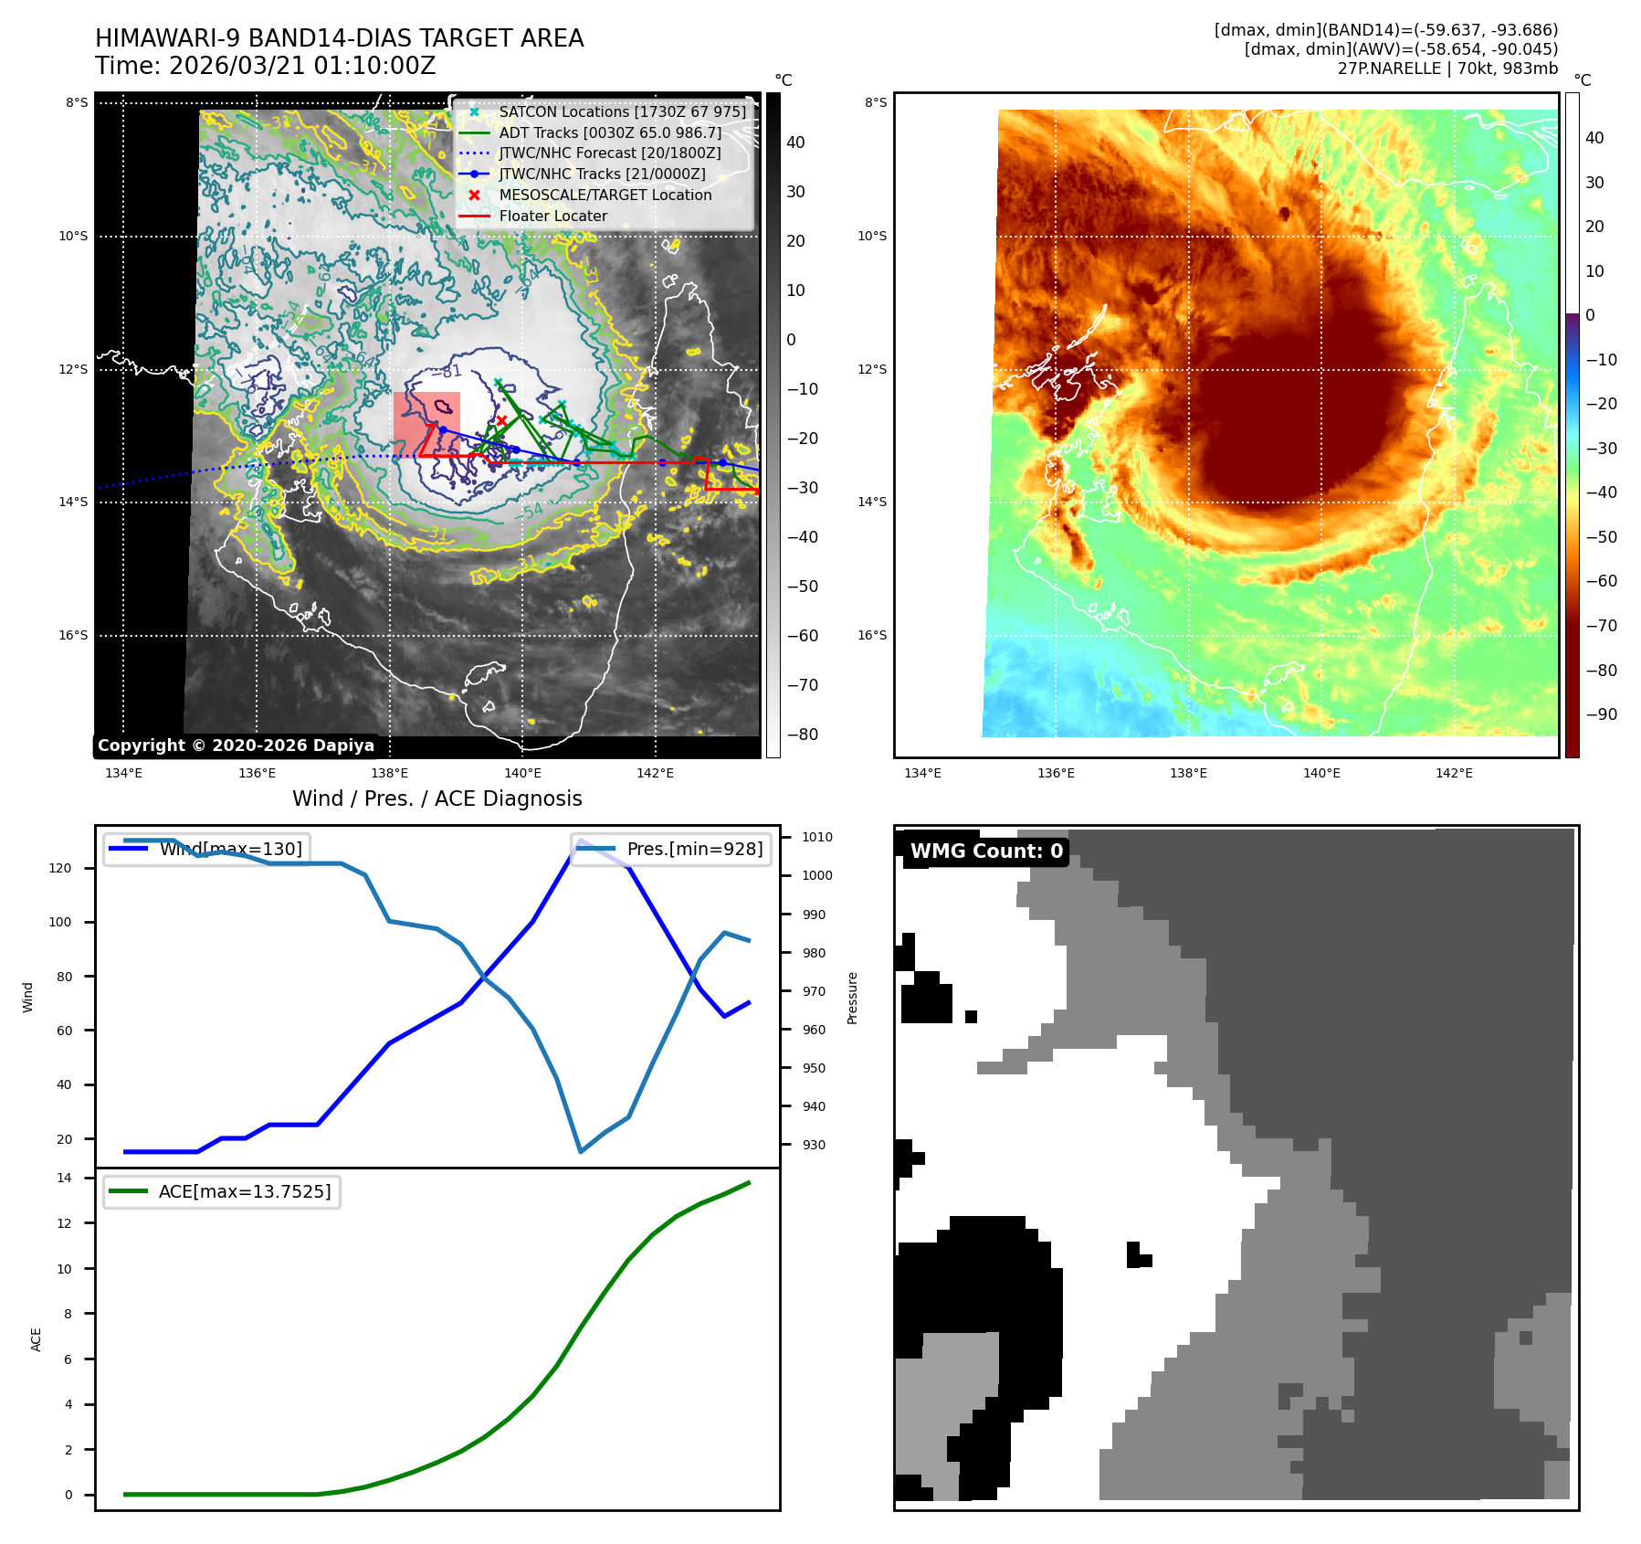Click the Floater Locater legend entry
pos(552,217)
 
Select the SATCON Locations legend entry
pos(622,112)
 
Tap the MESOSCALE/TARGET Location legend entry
pos(605,196)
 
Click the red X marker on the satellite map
pos(501,420)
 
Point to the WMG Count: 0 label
pos(986,851)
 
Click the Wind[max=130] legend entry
pos(230,849)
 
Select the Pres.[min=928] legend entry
pos(694,849)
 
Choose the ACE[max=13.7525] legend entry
pos(244,1191)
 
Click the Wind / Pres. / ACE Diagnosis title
pos(437,798)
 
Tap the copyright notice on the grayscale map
pos(236,746)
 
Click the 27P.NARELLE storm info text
pos(1447,69)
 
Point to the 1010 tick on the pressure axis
pos(816,837)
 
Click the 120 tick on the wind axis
pos(59,869)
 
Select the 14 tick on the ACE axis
pos(64,1179)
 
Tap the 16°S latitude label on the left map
pos(73,636)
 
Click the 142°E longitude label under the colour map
pos(1454,774)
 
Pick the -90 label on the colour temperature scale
pos(1601,714)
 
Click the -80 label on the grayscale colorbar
pos(803,735)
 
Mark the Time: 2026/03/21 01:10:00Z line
pos(265,67)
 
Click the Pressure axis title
pos(852,998)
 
